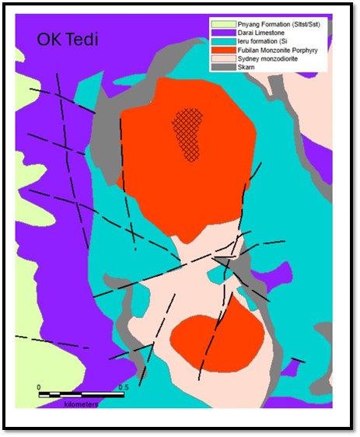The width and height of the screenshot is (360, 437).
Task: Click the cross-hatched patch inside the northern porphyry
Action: tap(187, 133)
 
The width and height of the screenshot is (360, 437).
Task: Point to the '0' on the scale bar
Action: tap(39, 386)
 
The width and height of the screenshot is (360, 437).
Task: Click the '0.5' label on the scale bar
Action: tap(122, 386)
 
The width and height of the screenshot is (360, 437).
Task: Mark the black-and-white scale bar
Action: tap(81, 395)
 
